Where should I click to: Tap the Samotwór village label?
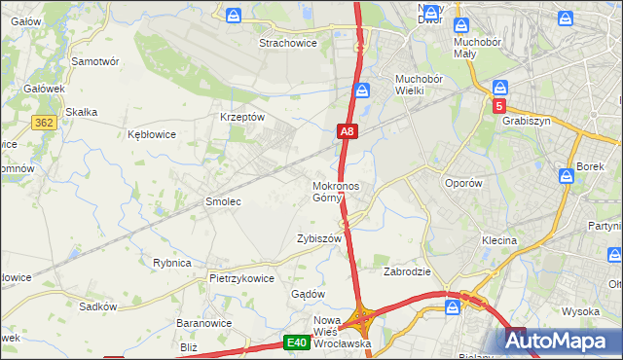pos(95,60)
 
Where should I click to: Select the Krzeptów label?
pos(242,116)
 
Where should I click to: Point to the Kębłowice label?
pos(152,134)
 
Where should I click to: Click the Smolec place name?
pos(222,201)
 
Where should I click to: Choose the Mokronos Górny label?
pos(336,192)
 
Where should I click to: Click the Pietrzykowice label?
pos(241,277)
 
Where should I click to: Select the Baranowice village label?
pos(202,322)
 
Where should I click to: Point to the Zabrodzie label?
pos(408,271)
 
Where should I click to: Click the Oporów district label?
pos(463,183)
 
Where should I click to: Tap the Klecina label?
pos(498,239)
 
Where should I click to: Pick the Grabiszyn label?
pos(529,122)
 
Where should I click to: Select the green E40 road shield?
pos(297,342)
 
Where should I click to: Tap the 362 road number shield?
pos(42,122)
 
